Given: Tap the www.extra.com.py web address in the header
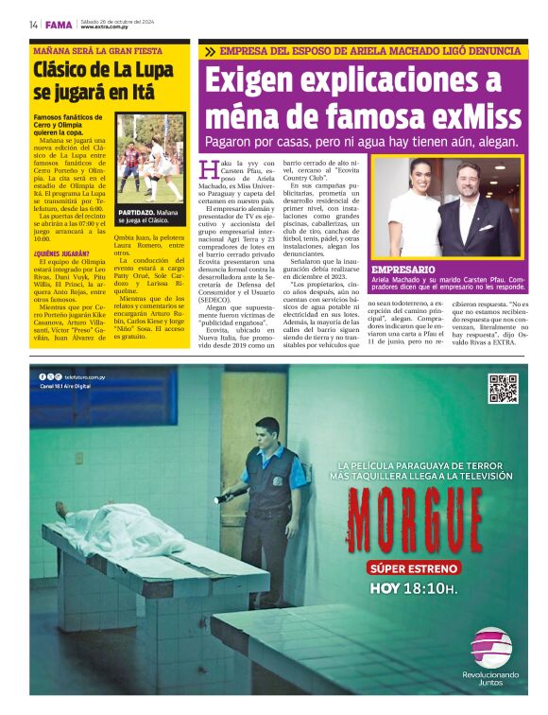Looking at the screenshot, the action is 104,26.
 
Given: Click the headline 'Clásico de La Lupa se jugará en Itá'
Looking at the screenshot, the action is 97,80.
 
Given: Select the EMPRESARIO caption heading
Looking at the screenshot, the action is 403,270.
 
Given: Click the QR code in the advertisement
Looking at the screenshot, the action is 503,389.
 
